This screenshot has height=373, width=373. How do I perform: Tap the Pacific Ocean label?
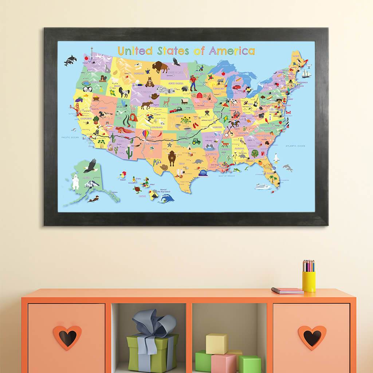pyautogui.click(x=70, y=137)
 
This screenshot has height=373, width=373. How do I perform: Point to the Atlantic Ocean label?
pyautogui.click(x=295, y=146)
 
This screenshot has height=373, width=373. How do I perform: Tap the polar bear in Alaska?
pyautogui.click(x=75, y=182)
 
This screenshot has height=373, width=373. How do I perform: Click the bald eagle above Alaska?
pyautogui.click(x=90, y=166)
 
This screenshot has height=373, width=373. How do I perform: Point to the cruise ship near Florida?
pyautogui.click(x=263, y=186)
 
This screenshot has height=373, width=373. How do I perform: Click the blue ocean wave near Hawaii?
pyautogui.click(x=167, y=198)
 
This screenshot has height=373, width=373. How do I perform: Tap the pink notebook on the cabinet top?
pyautogui.click(x=287, y=290)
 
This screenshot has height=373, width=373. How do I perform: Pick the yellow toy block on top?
pyautogui.click(x=216, y=343)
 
